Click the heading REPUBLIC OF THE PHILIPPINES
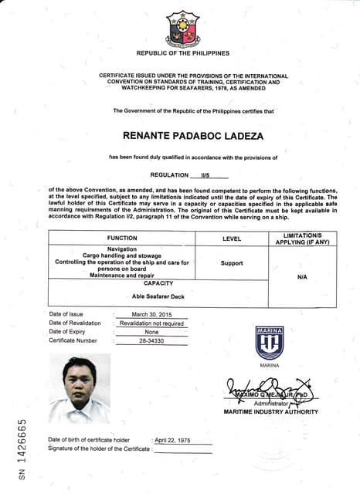183,53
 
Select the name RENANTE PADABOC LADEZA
183,136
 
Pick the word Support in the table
232,262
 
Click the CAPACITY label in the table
158,283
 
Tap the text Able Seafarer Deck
158,296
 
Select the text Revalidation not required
151,323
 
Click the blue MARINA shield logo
270,343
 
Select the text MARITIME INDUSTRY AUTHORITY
270,411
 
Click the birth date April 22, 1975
173,439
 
